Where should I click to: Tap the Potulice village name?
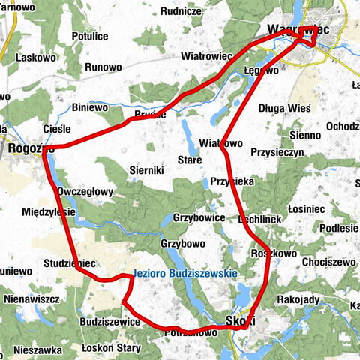click(x=91, y=35)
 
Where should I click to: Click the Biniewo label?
click(x=90, y=107)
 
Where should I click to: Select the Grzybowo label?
click(x=183, y=244)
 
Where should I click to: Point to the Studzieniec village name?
click(x=69, y=264)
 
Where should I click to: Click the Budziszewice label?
click(x=109, y=321)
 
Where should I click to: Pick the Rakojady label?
click(x=298, y=299)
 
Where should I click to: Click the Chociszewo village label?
click(x=328, y=262)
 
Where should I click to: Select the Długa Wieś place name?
click(x=283, y=107)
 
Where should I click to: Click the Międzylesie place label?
click(x=46, y=211)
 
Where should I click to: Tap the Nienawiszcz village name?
click(x=31, y=298)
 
